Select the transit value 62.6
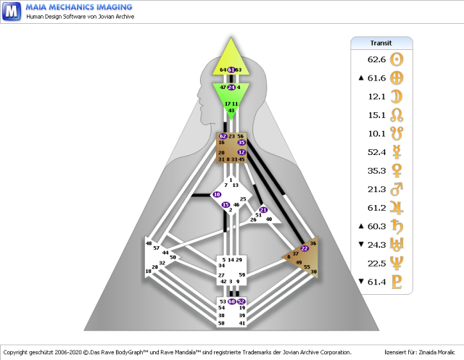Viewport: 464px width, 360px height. (x=376, y=59)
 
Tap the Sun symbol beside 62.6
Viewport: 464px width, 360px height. (x=397, y=59)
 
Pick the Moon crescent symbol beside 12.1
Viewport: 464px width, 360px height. (x=397, y=96)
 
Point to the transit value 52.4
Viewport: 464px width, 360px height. (x=376, y=152)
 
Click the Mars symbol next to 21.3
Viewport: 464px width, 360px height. (x=397, y=189)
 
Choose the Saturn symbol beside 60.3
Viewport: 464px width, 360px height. (x=397, y=226)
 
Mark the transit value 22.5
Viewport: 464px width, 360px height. (x=376, y=263)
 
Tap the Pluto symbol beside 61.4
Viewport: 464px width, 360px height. (x=397, y=282)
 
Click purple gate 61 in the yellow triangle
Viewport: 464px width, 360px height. (x=231, y=70)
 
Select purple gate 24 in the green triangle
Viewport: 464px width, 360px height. (x=231, y=87)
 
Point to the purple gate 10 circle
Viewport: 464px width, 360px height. (x=217, y=195)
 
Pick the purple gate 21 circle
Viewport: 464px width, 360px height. (x=263, y=210)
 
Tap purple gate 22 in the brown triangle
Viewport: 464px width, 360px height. (x=304, y=248)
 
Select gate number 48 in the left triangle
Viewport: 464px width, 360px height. (x=149, y=244)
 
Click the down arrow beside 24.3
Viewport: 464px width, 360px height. (x=360, y=245)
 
